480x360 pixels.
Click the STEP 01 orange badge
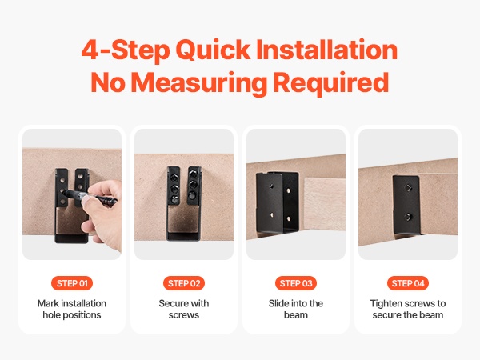click(72, 283)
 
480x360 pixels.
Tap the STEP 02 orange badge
click(184, 283)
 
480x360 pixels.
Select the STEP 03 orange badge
click(296, 283)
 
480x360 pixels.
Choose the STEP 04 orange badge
click(408, 283)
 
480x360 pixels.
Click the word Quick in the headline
click(213, 50)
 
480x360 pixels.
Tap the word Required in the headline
click(331, 82)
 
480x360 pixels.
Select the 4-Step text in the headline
click(126, 50)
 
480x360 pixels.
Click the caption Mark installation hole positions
click(72, 309)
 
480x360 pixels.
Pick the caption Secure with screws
click(184, 309)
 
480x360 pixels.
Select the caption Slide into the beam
click(296, 309)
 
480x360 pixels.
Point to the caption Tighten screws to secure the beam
click(408, 309)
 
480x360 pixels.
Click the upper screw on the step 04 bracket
click(408, 188)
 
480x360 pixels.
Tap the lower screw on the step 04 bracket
click(408, 217)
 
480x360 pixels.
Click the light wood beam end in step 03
click(325, 204)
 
